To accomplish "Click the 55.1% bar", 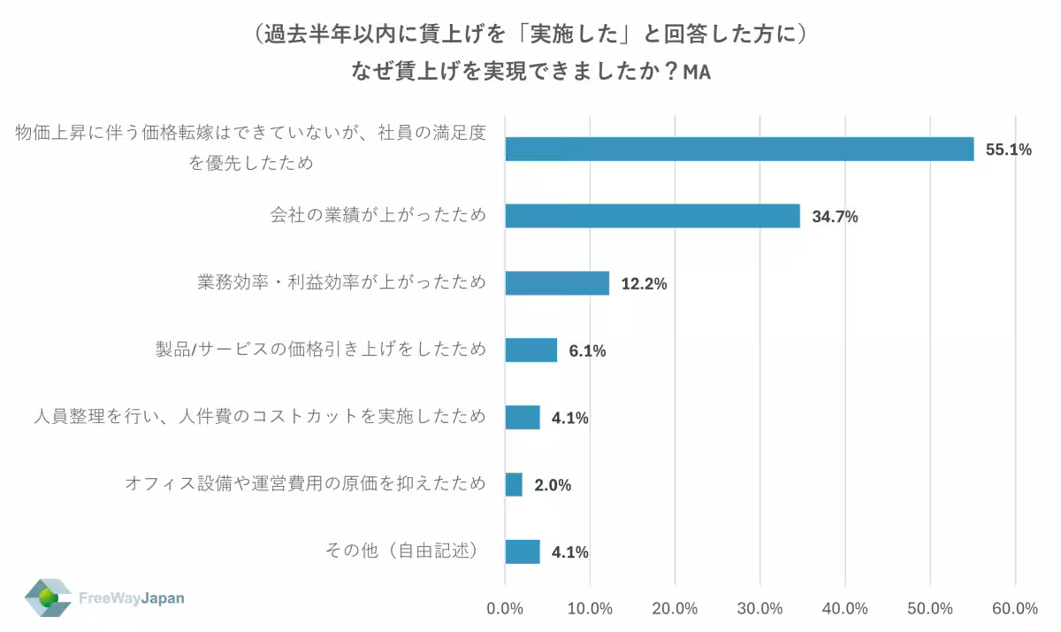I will [x=739, y=149].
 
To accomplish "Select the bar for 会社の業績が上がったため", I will [x=653, y=216].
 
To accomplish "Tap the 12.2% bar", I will [x=557, y=283].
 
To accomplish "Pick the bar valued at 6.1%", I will [x=531, y=351].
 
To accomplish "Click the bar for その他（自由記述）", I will [x=523, y=551].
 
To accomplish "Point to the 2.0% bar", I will [x=514, y=484].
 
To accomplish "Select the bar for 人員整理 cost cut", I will [x=523, y=417].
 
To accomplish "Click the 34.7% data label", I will [x=835, y=217].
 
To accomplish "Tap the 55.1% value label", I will [x=1009, y=150].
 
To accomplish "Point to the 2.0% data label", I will [x=553, y=485].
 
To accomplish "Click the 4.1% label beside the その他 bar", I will [x=569, y=552].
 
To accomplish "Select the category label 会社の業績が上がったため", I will [x=378, y=216].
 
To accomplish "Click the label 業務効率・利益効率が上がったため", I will [x=341, y=283].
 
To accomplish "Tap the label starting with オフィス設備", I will [x=305, y=483].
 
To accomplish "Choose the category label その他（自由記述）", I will [x=402, y=551].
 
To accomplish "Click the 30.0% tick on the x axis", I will [x=759, y=609].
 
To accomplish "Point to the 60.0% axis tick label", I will [x=1015, y=609].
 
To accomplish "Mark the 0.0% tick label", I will [x=505, y=609].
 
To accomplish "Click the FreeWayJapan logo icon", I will [x=48, y=598].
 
